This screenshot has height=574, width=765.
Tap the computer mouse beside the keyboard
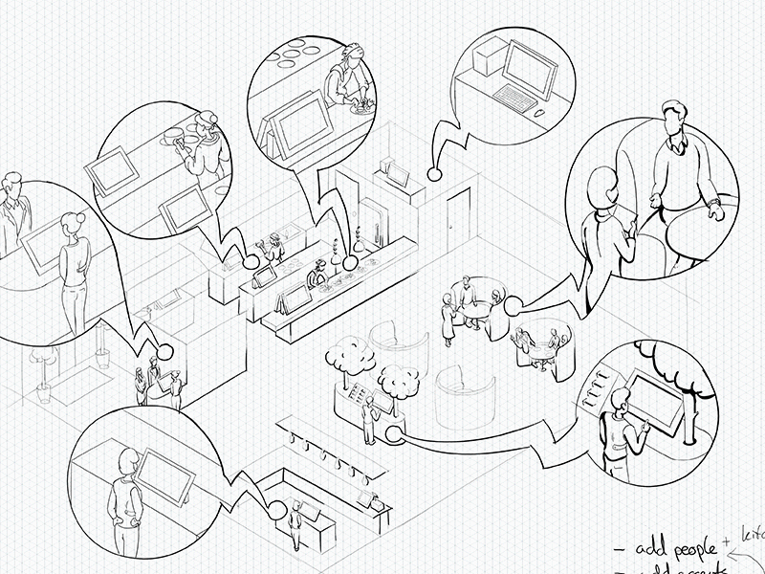pos(541,113)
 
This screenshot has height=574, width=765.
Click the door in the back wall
pos(460,215)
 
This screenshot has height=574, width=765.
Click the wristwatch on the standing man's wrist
pos(712,204)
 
